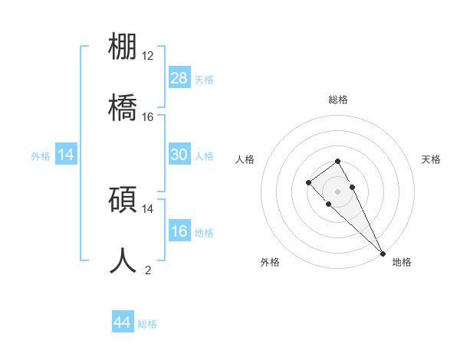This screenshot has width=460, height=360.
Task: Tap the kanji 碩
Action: tap(123, 198)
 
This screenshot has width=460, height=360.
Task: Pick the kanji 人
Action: tap(123, 259)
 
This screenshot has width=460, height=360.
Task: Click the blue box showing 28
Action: tap(179, 78)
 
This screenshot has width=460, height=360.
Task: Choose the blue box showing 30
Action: tap(179, 155)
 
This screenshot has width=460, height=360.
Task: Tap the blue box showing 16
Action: tap(179, 231)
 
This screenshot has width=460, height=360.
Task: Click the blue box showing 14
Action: tap(66, 155)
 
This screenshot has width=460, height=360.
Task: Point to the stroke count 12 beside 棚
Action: tap(148, 56)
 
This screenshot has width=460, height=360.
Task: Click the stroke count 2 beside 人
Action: tap(148, 270)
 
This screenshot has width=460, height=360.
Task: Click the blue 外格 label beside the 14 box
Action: tap(41, 156)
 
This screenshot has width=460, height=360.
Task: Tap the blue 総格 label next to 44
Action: tap(147, 324)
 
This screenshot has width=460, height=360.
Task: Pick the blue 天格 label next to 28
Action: tap(204, 80)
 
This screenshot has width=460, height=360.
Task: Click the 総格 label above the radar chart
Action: tap(338, 100)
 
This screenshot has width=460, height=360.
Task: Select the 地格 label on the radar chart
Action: tap(402, 262)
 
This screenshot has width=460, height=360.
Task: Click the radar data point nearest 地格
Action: tap(383, 254)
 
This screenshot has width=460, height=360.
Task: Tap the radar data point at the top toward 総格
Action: tap(337, 161)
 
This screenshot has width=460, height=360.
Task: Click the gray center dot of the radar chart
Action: tap(337, 191)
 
